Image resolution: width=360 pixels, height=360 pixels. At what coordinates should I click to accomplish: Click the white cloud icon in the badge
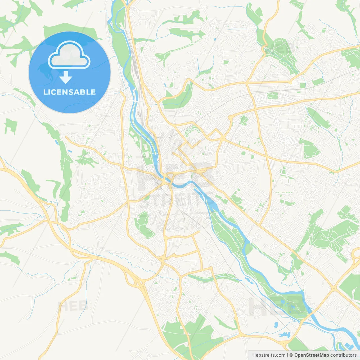pyautogui.click(x=69, y=55)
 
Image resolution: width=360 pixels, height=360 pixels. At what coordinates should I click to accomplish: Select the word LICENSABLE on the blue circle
pyautogui.click(x=69, y=92)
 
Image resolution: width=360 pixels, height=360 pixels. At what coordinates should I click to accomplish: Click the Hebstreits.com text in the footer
pyautogui.click(x=269, y=355)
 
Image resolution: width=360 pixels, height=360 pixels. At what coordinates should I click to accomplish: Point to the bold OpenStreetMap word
pyautogui.click(x=311, y=355)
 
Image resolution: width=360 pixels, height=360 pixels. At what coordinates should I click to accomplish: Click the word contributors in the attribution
pyautogui.click(x=343, y=355)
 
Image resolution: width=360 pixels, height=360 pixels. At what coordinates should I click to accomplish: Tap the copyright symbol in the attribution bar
pyautogui.click(x=291, y=355)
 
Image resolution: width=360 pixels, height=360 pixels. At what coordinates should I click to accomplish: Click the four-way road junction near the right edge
pyautogui.click(x=334, y=288)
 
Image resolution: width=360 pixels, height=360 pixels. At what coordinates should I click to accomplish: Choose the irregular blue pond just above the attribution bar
pyautogui.click(x=285, y=335)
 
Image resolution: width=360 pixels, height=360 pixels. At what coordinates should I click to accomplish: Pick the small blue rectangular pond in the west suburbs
pyautogui.click(x=70, y=152)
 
